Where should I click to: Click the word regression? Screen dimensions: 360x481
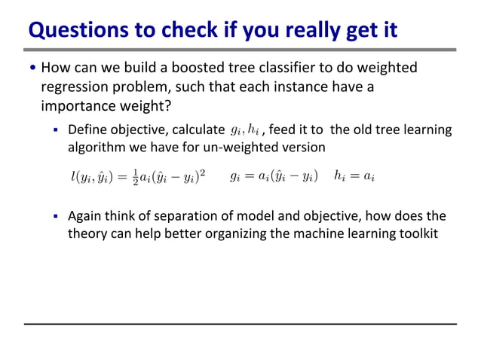coord(77,86)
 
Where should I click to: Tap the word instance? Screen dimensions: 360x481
coord(297,86)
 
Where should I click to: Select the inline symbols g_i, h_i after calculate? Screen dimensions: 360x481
coord(244,130)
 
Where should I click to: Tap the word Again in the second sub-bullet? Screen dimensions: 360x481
coord(85,217)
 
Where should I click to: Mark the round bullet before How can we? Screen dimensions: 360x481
coord(32,69)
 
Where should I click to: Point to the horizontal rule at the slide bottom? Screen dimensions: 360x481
coord(240,324)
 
